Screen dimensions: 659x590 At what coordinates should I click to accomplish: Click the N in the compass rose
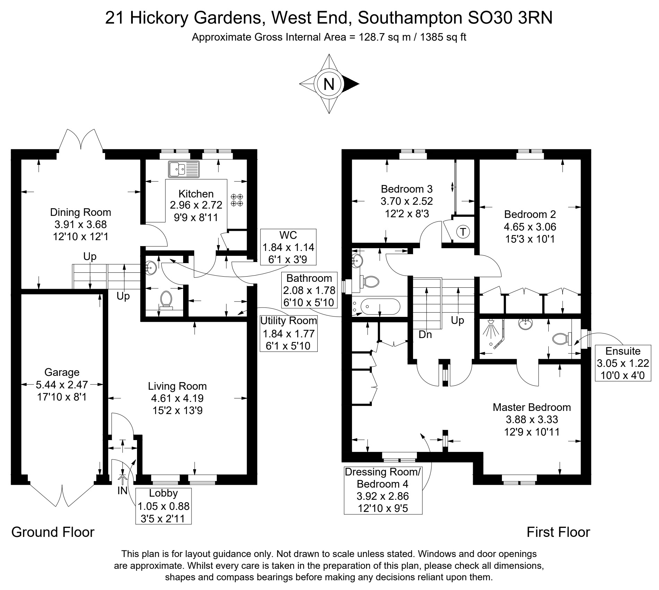coord(329,84)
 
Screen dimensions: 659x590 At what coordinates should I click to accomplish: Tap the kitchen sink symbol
coord(184,169)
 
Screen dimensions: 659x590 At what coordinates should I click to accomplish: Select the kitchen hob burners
coord(237,200)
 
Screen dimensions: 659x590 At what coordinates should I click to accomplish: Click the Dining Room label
coord(80,212)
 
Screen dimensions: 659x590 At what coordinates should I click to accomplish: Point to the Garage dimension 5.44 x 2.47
coord(62,385)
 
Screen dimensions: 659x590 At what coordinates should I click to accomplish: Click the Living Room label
coord(177,386)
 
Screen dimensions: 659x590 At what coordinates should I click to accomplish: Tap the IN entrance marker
coord(122,490)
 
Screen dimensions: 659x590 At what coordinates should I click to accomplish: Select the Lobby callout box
coord(163,506)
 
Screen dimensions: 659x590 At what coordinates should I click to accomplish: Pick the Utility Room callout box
coord(289,333)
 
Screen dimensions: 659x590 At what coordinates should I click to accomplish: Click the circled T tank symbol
coord(463,231)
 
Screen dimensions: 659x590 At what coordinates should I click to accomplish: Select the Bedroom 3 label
coord(407,189)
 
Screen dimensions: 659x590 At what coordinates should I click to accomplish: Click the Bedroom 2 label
coord(530,214)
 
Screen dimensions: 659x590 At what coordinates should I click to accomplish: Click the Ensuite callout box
coord(623,363)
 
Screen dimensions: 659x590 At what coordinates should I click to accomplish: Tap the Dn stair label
coord(425,335)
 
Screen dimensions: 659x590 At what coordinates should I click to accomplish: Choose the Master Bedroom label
coord(532,407)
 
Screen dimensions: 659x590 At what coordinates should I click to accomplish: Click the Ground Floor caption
coord(53,532)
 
